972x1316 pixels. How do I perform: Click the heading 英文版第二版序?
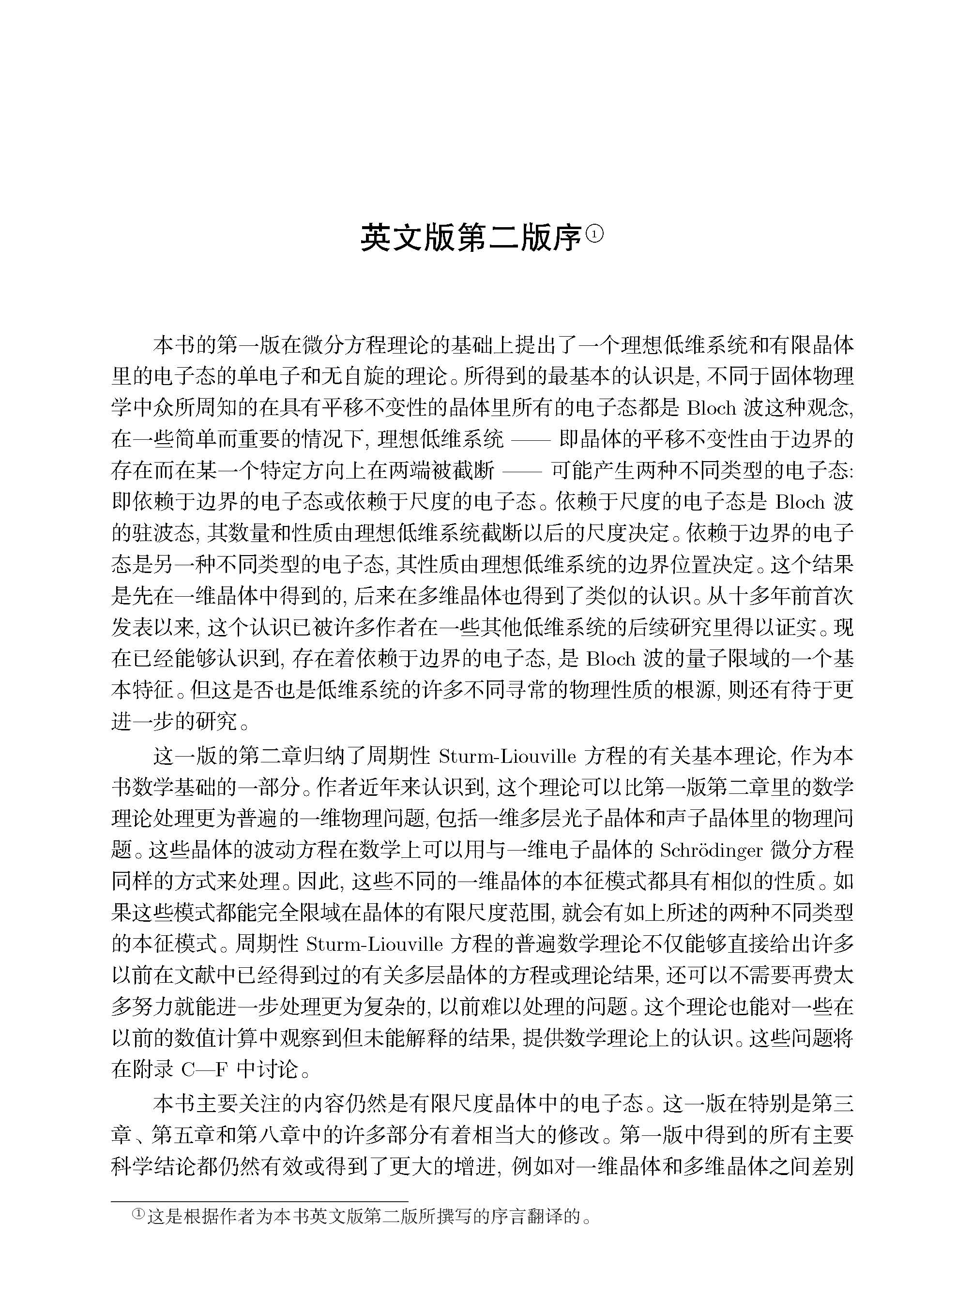pos(471,238)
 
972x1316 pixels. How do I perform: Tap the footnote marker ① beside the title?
pos(595,234)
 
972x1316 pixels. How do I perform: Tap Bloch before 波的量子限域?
pos(611,658)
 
